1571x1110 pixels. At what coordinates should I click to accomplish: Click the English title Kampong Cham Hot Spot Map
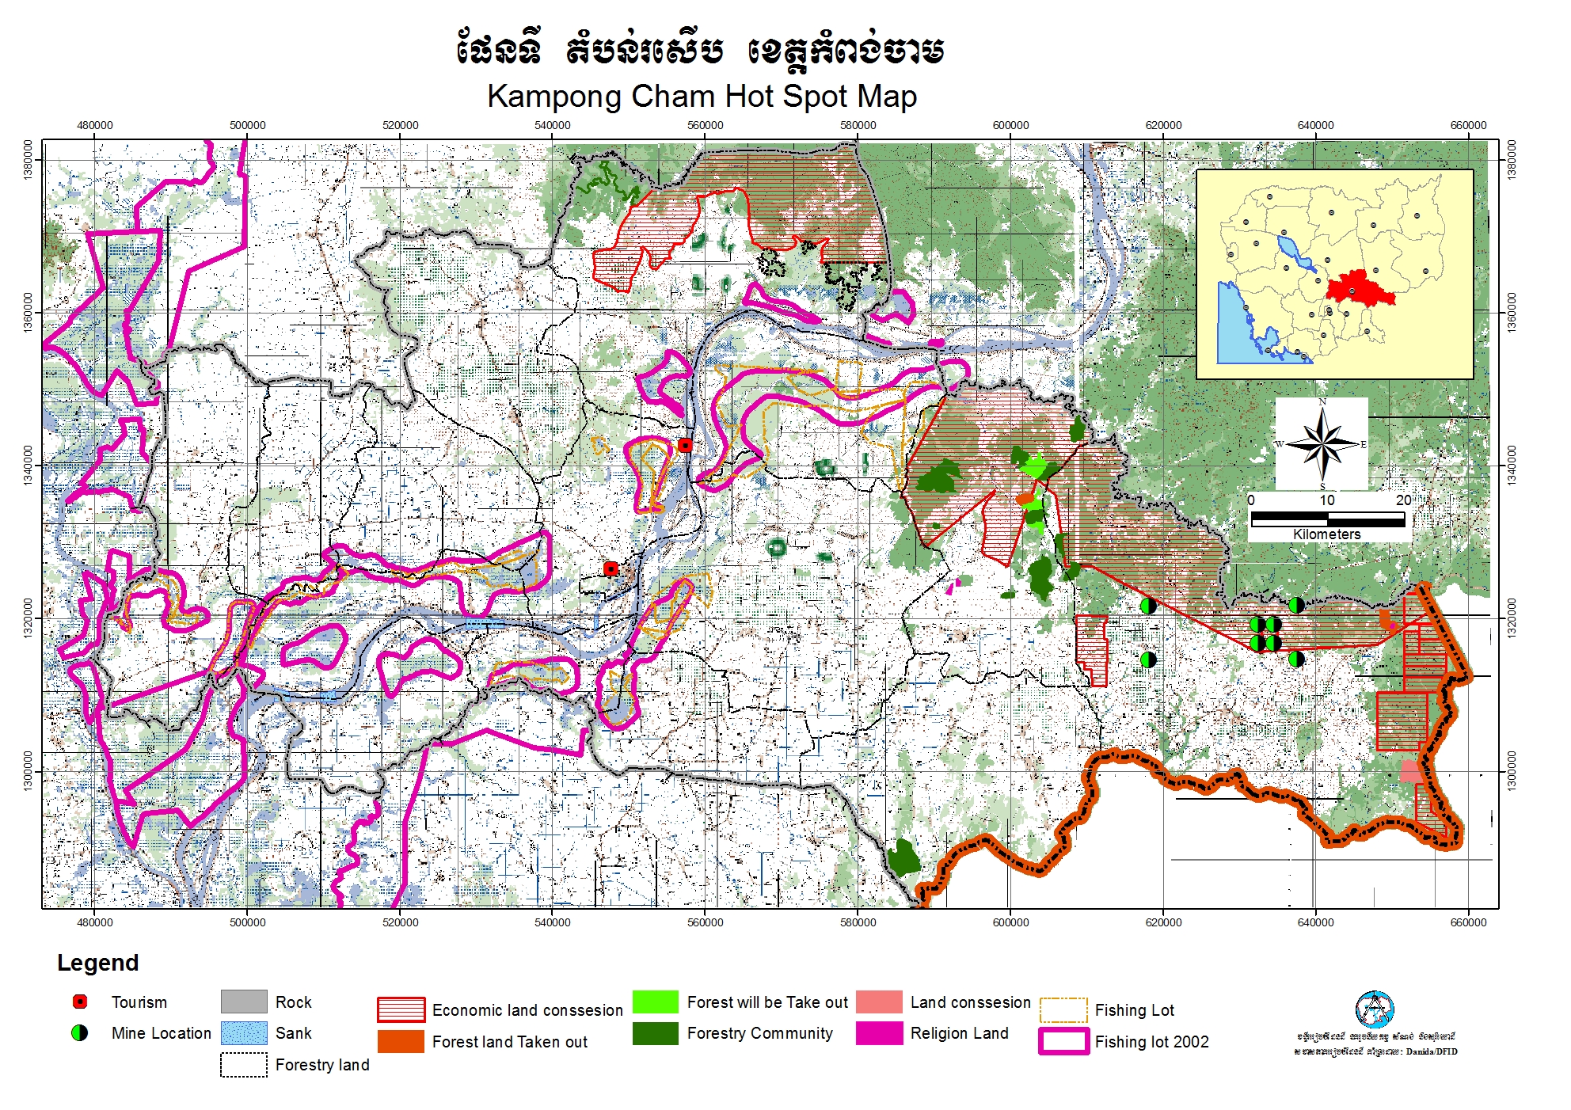[702, 97]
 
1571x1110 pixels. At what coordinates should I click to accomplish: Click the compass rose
[1322, 443]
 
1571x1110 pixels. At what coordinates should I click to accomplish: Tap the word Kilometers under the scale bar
[1326, 534]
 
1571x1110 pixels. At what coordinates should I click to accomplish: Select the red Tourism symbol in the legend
[80, 1002]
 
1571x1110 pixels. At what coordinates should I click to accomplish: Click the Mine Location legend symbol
[80, 1033]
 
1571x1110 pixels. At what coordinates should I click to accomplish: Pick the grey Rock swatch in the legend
[244, 1002]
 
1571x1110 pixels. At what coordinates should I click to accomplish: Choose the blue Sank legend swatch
[244, 1033]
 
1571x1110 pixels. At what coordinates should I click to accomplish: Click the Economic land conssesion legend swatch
[401, 1009]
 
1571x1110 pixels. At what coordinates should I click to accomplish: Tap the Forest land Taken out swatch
[401, 1041]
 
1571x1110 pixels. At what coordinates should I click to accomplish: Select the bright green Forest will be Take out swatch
[656, 1002]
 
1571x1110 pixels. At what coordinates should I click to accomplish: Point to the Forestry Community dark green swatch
[656, 1033]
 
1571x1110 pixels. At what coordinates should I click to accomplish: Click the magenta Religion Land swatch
[879, 1033]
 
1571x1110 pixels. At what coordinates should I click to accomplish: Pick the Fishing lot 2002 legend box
[1063, 1041]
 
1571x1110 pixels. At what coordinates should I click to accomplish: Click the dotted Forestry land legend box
[244, 1065]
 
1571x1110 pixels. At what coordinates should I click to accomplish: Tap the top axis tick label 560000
[705, 125]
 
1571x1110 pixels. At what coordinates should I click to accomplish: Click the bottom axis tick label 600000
[1010, 922]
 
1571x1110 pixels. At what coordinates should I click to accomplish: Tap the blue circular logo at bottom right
[1374, 1009]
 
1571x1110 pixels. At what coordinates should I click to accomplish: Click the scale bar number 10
[1327, 500]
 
